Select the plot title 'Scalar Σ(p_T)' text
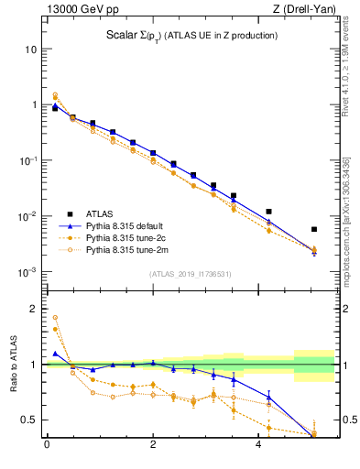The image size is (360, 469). pyautogui.click(x=189, y=36)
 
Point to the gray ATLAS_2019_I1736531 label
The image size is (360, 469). pyautogui.click(x=190, y=274)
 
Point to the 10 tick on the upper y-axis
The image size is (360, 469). pyautogui.click(x=32, y=49)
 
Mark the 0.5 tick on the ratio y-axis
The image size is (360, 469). pyautogui.click(x=30, y=420)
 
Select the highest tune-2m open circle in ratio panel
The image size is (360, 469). pyautogui.click(x=55, y=318)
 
